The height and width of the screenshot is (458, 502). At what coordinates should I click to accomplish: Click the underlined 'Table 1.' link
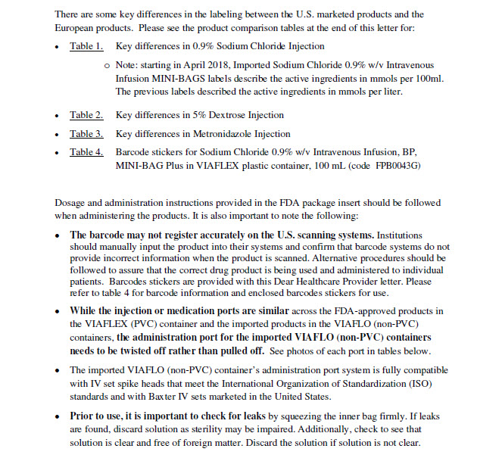click(86, 47)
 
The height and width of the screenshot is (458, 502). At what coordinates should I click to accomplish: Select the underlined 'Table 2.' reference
click(86, 116)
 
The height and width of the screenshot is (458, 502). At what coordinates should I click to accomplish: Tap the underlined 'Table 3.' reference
click(86, 134)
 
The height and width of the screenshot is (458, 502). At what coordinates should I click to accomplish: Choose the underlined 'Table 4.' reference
click(86, 152)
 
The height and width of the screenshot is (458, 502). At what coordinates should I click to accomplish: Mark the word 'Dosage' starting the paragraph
click(73, 203)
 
